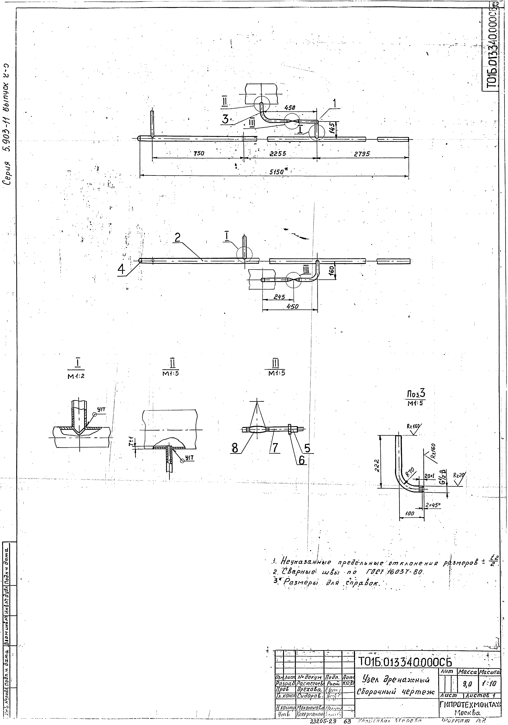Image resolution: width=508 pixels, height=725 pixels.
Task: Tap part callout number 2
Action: [x=178, y=237]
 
